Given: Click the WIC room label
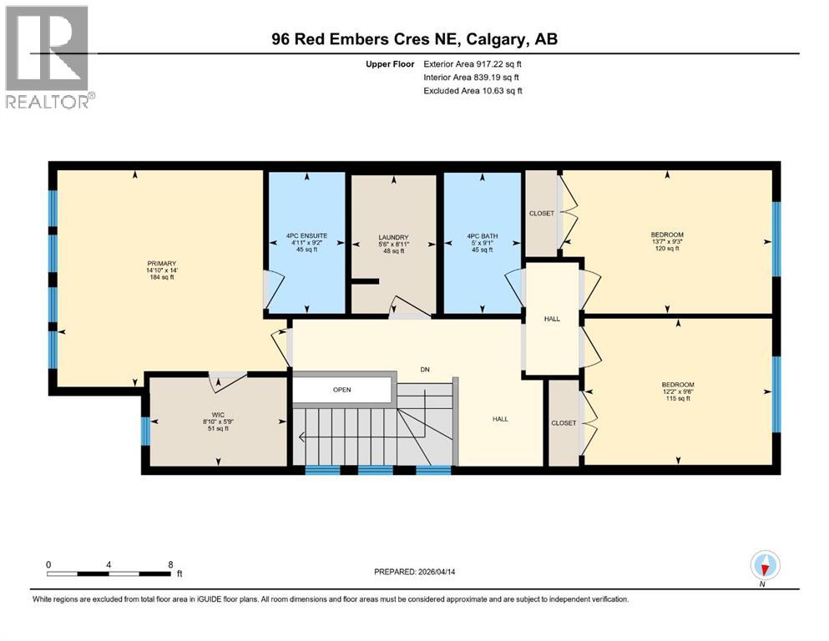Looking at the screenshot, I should click(218, 415).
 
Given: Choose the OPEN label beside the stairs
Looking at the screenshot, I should click(341, 389).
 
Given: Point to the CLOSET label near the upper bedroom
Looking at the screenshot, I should click(541, 214).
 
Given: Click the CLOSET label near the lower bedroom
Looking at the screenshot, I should click(564, 423).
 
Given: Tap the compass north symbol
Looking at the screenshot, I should click(765, 567).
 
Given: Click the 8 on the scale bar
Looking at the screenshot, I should click(170, 564).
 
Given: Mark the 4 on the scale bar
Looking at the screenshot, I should click(109, 564).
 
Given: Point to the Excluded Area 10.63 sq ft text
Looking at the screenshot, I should click(473, 90).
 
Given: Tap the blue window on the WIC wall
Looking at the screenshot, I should click(145, 431).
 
